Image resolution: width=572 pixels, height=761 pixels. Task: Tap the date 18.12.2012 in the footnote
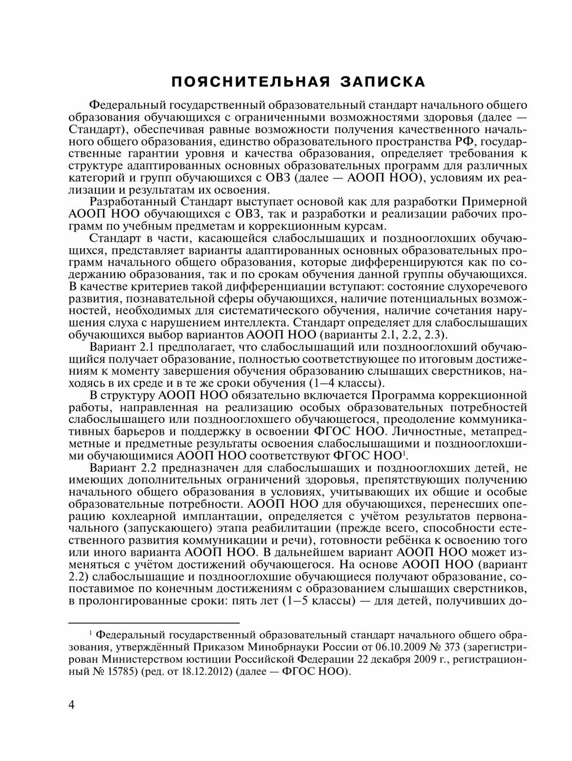point(207,672)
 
